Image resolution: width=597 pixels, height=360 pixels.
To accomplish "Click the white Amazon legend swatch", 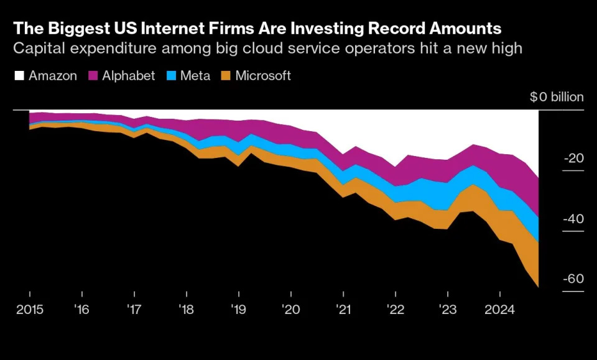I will coord(19,76).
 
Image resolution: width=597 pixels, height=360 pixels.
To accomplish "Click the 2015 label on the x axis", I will coord(30,308).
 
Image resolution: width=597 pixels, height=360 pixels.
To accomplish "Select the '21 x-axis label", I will coord(343,308).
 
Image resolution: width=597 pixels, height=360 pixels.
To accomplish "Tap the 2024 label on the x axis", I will coord(500,308).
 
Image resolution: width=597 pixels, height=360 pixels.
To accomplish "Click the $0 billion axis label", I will coord(557,97).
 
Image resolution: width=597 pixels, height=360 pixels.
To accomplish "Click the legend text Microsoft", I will coord(263,76).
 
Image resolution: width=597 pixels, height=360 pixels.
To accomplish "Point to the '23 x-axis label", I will coord(447,308).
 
